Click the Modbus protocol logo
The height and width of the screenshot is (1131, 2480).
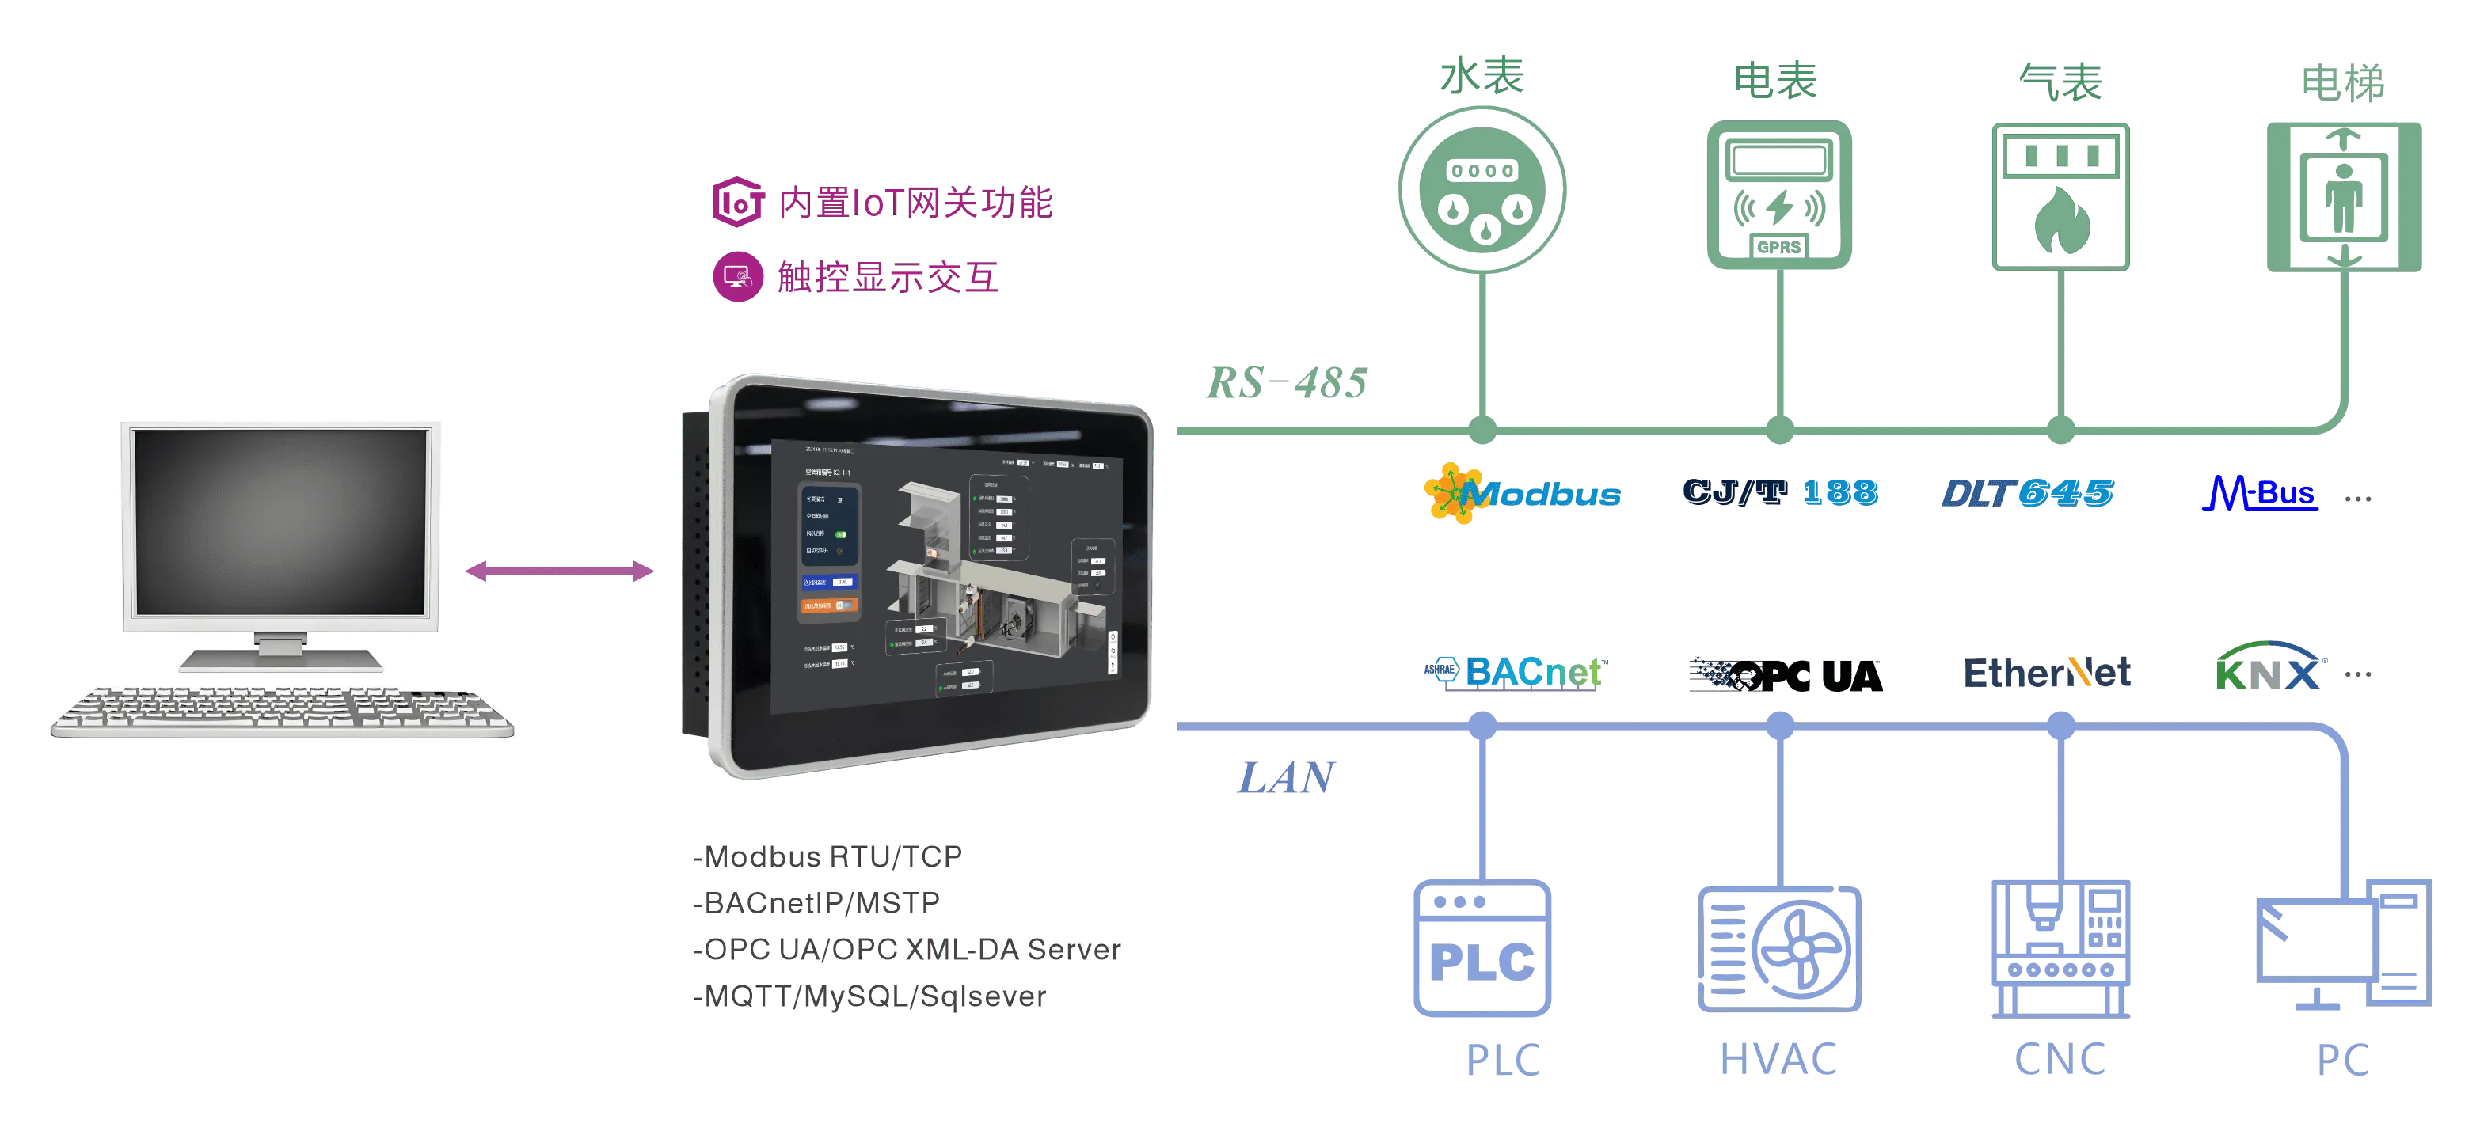1521,494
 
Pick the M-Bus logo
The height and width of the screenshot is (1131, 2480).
2257,494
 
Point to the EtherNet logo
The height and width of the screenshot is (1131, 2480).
2048,672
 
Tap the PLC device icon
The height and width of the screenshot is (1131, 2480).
1482,948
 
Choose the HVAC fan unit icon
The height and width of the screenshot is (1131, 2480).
1779,948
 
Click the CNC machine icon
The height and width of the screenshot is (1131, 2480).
2060,948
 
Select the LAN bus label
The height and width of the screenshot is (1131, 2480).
1286,780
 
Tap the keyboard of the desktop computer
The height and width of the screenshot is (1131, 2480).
281,713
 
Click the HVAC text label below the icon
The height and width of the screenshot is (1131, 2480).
1777,1058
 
